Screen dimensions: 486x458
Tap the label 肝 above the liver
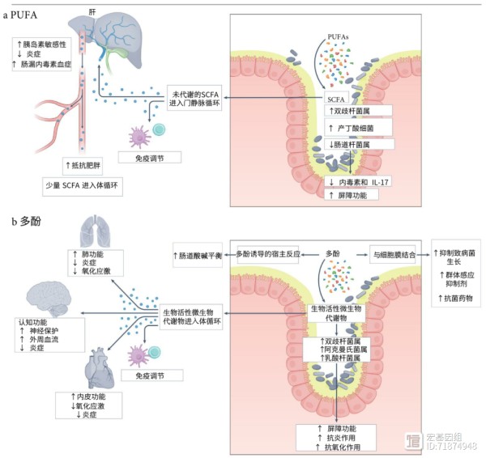point(92,12)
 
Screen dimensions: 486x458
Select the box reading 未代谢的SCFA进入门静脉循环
point(194,98)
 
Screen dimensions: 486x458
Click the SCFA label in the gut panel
point(336,100)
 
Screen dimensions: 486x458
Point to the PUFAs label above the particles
point(338,37)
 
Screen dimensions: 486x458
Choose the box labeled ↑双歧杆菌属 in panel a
point(358,111)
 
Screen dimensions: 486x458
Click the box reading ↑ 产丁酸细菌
point(358,128)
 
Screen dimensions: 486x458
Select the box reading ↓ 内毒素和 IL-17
point(358,182)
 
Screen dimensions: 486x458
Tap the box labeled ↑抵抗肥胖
point(83,166)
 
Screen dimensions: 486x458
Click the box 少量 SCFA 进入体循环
point(83,186)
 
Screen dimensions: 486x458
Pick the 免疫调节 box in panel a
point(150,158)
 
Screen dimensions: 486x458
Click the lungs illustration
point(95,231)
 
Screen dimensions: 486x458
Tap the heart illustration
point(99,368)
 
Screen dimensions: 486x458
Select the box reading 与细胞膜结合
point(393,255)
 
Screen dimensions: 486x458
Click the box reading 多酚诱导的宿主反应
point(268,255)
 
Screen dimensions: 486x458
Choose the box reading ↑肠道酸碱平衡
point(198,255)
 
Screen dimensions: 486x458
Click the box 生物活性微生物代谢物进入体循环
point(191,316)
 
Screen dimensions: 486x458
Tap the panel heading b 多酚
point(26,222)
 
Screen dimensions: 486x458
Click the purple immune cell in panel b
point(139,356)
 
